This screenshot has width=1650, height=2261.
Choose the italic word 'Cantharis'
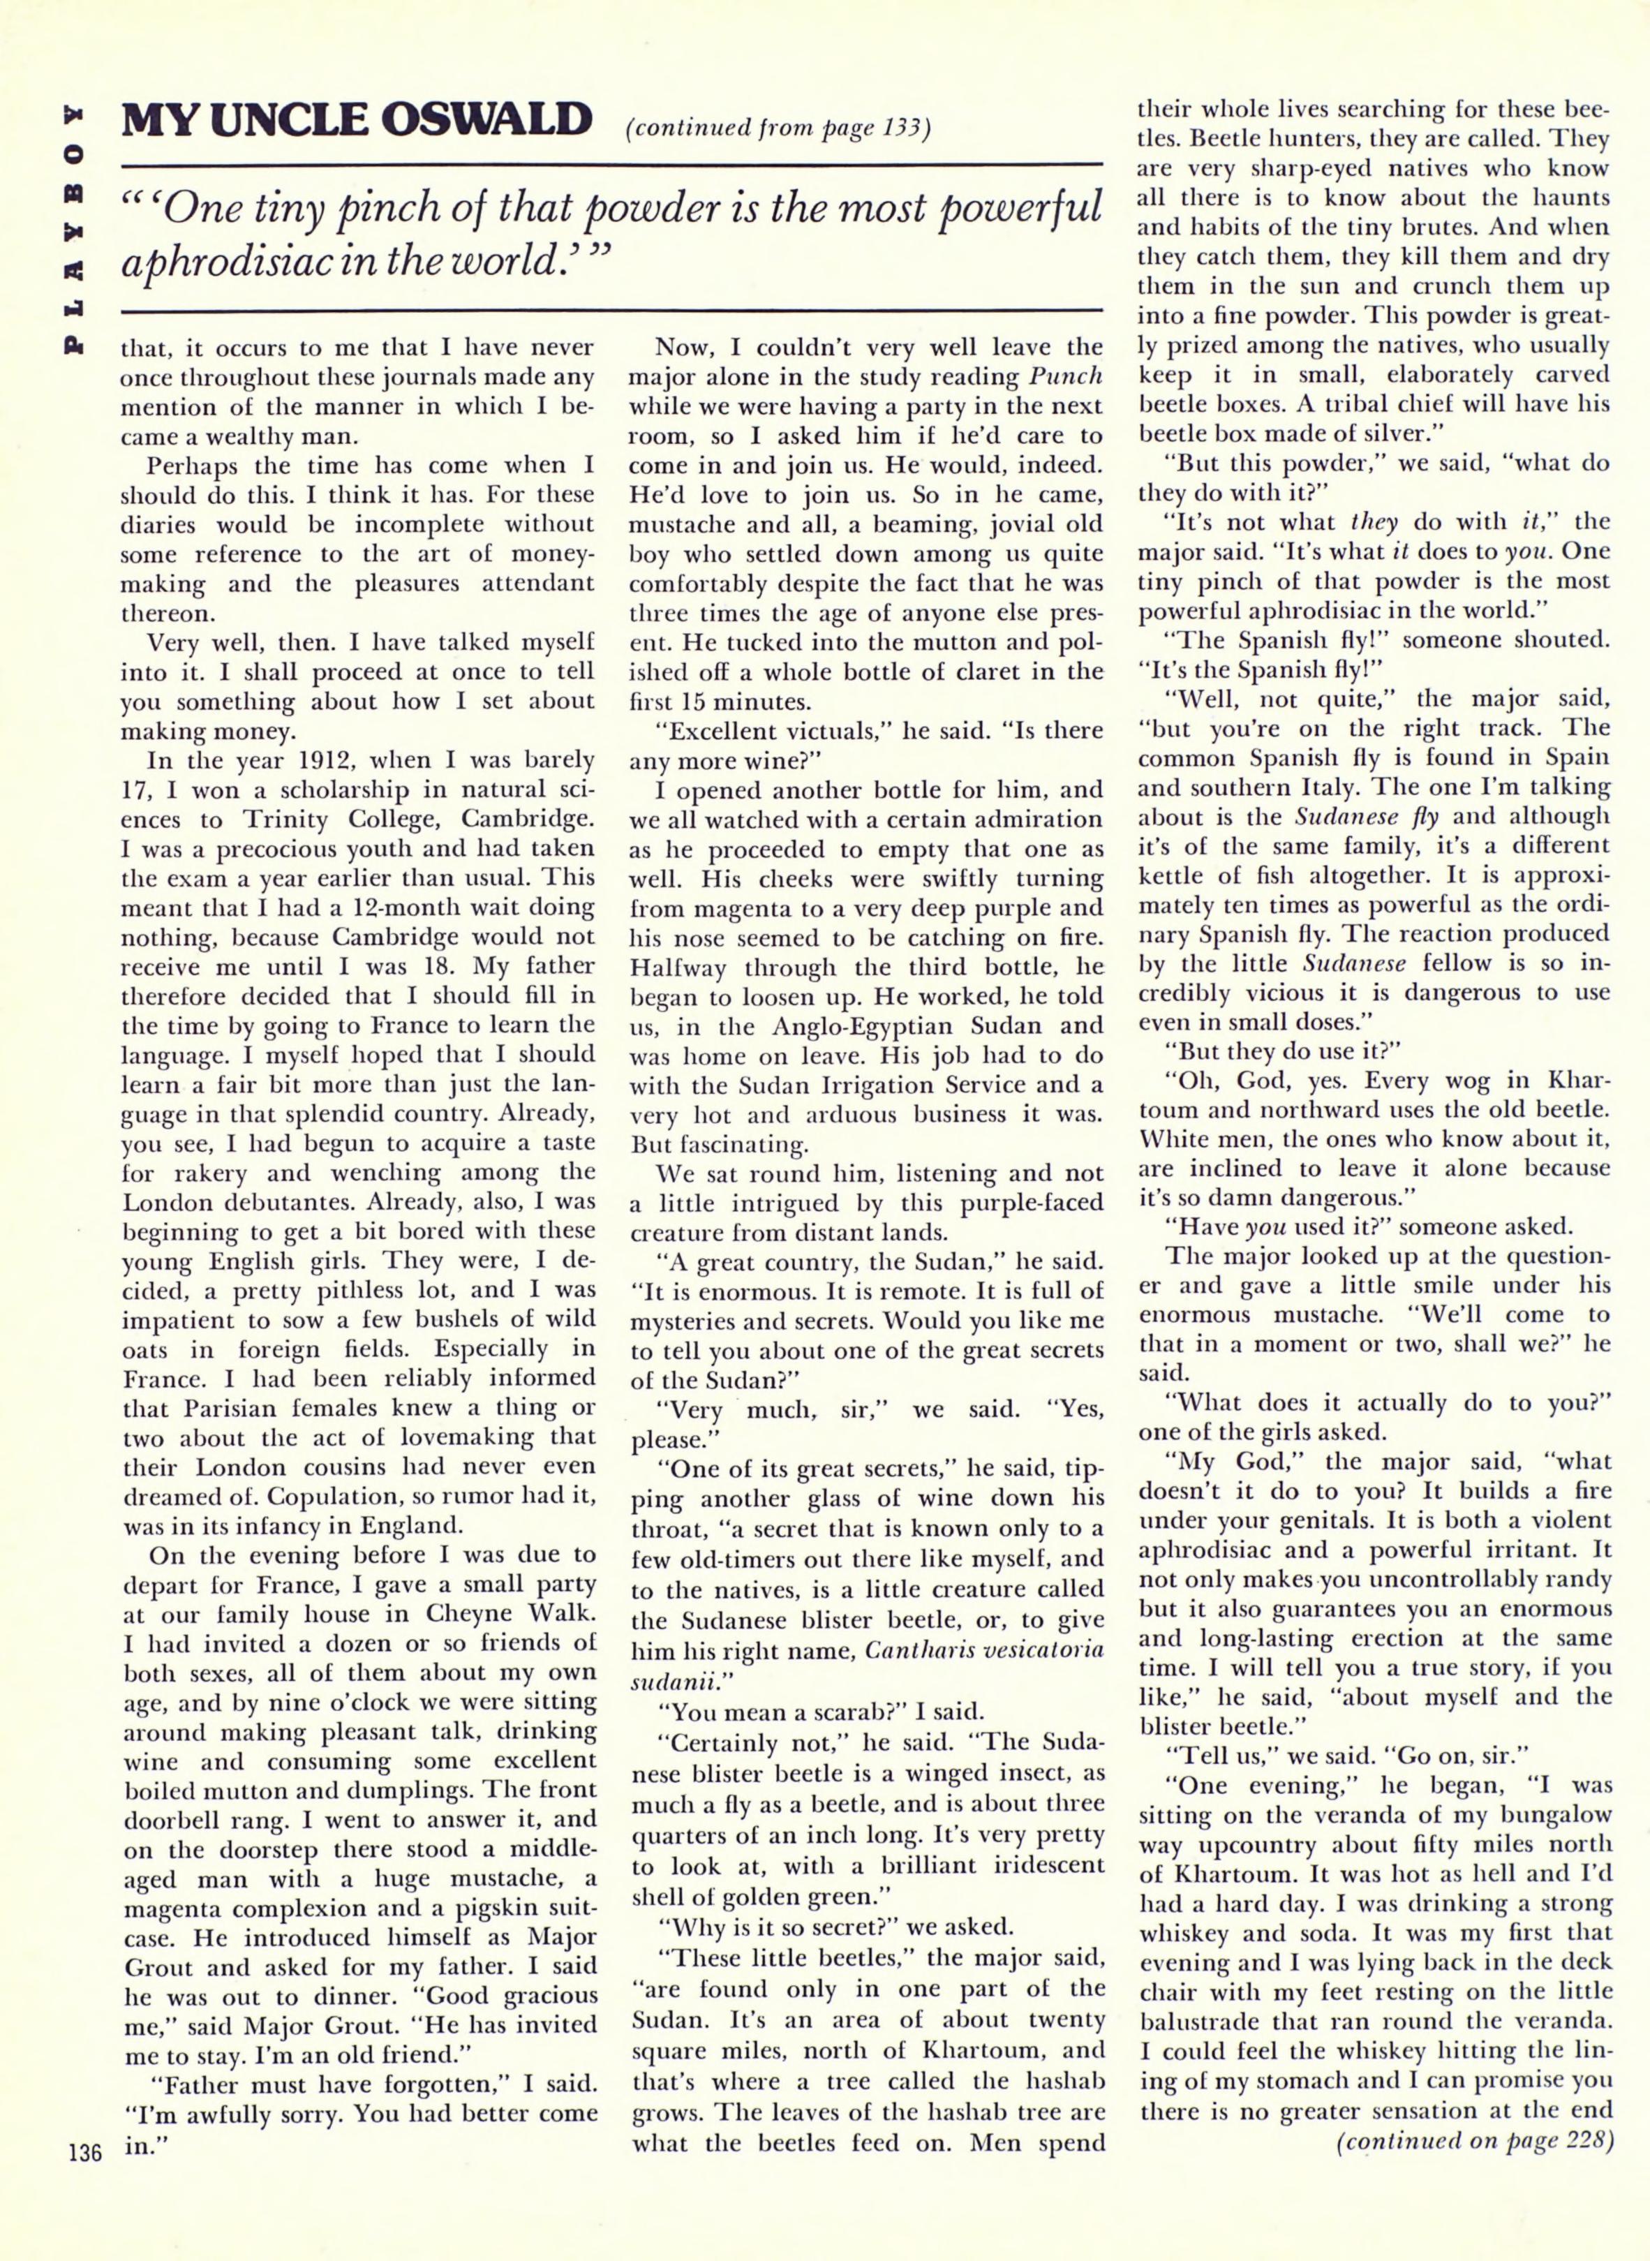[x=927, y=1649]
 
